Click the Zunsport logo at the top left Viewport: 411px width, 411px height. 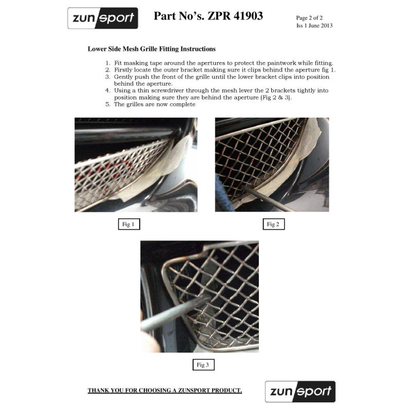coord(103,18)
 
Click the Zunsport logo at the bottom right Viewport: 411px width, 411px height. coord(300,392)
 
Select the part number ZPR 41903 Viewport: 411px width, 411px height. coord(233,16)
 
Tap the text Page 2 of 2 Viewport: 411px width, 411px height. coord(311,18)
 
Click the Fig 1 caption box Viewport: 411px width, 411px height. coord(127,224)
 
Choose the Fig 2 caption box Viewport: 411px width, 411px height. coord(272,224)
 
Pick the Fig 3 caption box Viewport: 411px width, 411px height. coord(202,365)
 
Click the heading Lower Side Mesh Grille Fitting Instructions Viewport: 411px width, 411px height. coord(151,49)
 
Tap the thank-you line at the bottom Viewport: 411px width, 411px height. coord(164,390)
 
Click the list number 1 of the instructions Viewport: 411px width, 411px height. coord(107,63)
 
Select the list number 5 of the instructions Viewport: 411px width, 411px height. coord(107,104)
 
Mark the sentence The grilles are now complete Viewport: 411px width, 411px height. coord(154,104)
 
